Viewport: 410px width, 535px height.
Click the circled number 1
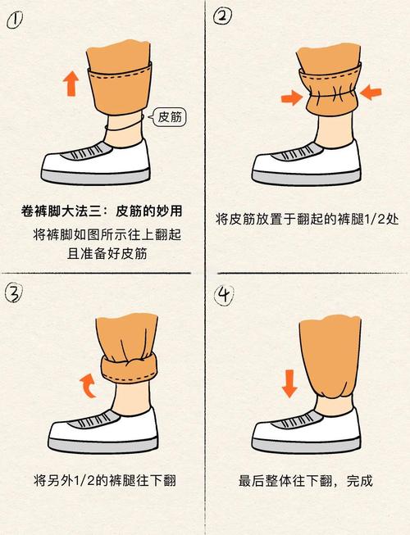[15, 20]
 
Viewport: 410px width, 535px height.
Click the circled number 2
[222, 16]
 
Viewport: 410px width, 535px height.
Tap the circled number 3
[14, 293]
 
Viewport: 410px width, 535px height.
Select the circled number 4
[224, 295]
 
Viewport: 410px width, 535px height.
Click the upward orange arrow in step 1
[71, 84]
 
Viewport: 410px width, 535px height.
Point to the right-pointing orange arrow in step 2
[292, 98]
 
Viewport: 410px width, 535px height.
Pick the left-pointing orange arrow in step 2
[371, 92]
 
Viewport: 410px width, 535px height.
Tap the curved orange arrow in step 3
[88, 385]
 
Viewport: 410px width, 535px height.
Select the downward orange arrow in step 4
[289, 384]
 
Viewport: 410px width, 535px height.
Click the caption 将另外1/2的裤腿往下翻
[105, 480]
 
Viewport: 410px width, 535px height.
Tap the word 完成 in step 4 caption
[359, 481]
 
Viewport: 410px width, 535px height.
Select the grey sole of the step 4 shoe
[306, 444]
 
